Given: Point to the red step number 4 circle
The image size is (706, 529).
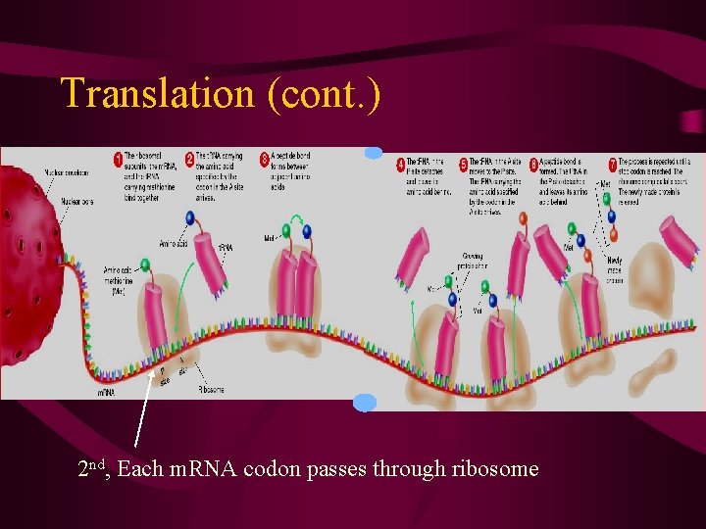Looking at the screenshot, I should click(x=400, y=164).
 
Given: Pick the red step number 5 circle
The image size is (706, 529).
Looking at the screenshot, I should click(x=463, y=164).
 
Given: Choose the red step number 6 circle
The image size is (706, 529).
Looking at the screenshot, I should click(x=533, y=164).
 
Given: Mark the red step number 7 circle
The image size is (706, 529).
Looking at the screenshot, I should click(x=613, y=162).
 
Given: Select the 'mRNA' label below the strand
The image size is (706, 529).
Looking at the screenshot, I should click(x=106, y=392).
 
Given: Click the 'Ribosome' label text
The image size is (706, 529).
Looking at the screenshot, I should click(x=211, y=389).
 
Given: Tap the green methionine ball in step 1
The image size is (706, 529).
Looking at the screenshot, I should click(x=145, y=264).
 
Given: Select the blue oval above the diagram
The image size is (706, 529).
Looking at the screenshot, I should click(x=374, y=153).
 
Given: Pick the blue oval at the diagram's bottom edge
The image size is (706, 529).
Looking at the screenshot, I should click(x=365, y=402).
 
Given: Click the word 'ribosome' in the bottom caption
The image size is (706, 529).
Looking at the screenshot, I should click(x=495, y=469).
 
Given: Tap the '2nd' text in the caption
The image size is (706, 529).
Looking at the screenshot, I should click(x=94, y=467).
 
